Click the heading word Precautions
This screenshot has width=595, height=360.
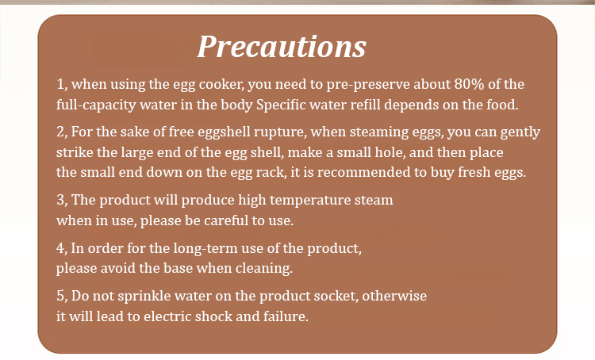click(282, 47)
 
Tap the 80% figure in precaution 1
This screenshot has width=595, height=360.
click(469, 84)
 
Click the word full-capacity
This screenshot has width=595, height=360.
click(96, 105)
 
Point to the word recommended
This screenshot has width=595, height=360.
click(364, 172)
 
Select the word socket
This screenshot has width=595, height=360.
click(334, 296)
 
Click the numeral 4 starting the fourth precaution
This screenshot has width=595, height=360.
click(61, 248)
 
